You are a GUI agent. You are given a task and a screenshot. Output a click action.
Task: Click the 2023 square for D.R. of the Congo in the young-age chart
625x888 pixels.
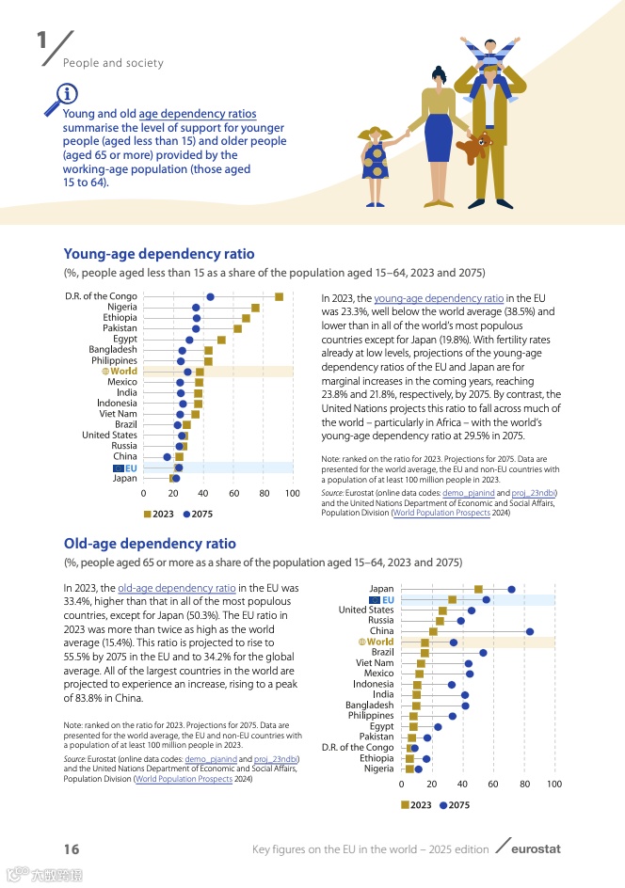pos(279,297)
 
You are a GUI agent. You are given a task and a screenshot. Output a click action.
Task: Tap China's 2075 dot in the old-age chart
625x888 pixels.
pos(530,632)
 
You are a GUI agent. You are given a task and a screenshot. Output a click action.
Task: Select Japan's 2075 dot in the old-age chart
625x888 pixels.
pos(511,590)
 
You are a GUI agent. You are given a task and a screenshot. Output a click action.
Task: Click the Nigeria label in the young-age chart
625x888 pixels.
pos(121,308)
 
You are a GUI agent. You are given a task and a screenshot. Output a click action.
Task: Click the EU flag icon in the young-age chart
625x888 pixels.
pos(118,468)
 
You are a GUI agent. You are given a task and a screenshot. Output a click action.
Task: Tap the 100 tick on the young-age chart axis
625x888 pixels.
pos(293,493)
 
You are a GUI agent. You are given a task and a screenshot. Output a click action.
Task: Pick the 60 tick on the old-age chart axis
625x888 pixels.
pos(492,783)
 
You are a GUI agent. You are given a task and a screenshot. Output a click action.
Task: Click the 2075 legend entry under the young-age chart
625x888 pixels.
pos(198,515)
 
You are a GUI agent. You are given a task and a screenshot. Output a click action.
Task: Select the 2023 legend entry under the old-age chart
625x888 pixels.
pos(416,805)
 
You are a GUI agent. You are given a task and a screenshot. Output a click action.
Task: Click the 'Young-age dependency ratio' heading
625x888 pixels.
pos(159,254)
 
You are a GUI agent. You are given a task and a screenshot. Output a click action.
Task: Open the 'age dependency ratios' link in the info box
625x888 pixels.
pos(198,114)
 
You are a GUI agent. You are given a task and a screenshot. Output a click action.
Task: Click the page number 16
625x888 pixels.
pos(72,849)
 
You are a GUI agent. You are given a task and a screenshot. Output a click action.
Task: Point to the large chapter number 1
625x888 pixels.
pos(41,42)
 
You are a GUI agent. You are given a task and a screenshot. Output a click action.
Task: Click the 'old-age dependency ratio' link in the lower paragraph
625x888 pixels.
pos(177,588)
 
